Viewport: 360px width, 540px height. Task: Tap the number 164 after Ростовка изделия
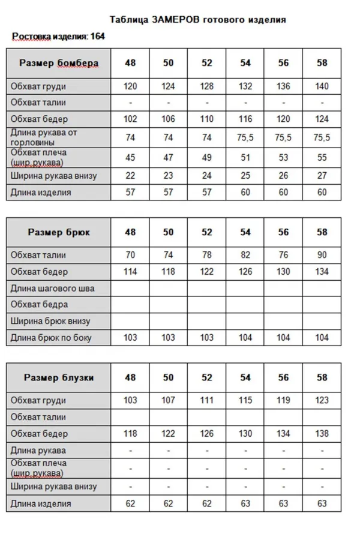97,36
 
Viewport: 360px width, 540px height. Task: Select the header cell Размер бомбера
58,63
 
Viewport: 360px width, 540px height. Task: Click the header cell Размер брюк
58,232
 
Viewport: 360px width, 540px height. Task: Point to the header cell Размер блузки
58,377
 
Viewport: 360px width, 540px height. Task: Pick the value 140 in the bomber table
322,86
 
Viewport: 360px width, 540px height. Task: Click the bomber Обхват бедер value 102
130,119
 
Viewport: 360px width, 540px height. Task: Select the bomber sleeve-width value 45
130,157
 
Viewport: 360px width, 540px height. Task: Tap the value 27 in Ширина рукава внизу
322,176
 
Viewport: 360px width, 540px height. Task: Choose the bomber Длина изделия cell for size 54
245,193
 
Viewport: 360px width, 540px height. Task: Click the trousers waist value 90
322,255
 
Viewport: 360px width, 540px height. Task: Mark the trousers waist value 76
283,255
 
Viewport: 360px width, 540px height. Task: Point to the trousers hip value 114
130,271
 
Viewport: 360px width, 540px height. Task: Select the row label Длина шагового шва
52,288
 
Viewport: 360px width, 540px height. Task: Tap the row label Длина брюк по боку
51,338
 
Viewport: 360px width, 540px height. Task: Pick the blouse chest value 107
168,400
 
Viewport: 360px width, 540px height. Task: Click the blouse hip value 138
322,433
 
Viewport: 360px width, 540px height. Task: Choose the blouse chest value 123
322,400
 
